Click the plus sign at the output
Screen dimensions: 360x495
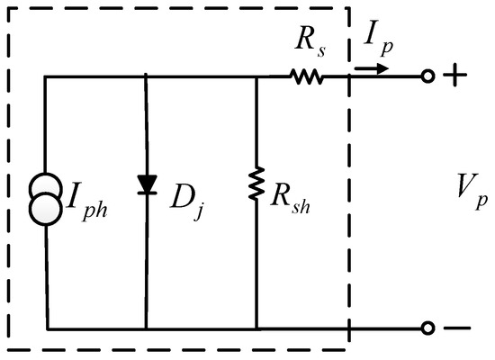(454, 78)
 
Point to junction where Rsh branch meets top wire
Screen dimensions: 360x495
(257, 78)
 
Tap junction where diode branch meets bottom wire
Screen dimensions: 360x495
(145, 328)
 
